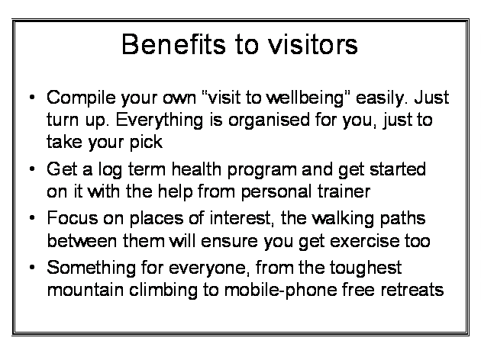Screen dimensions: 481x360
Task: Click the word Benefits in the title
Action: click(x=173, y=44)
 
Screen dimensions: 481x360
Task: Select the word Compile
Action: click(x=81, y=98)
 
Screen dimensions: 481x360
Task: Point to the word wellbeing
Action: click(x=305, y=98)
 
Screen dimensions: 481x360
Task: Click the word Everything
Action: click(x=160, y=120)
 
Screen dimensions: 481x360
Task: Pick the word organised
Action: click(x=269, y=120)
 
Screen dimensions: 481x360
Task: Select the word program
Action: click(x=262, y=170)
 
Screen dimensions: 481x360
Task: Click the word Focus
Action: click(x=73, y=218)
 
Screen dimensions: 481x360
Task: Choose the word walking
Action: click(x=343, y=219)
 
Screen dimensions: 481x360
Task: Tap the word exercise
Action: click(x=365, y=241)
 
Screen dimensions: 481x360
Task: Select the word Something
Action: click(x=91, y=268)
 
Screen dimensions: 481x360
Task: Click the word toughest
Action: click(x=366, y=268)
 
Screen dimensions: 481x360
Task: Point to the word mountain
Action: click(x=86, y=290)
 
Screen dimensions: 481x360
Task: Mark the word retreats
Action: click(x=412, y=290)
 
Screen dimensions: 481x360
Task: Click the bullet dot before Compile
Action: click(x=32, y=98)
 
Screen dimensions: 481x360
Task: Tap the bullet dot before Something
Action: click(x=32, y=268)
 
